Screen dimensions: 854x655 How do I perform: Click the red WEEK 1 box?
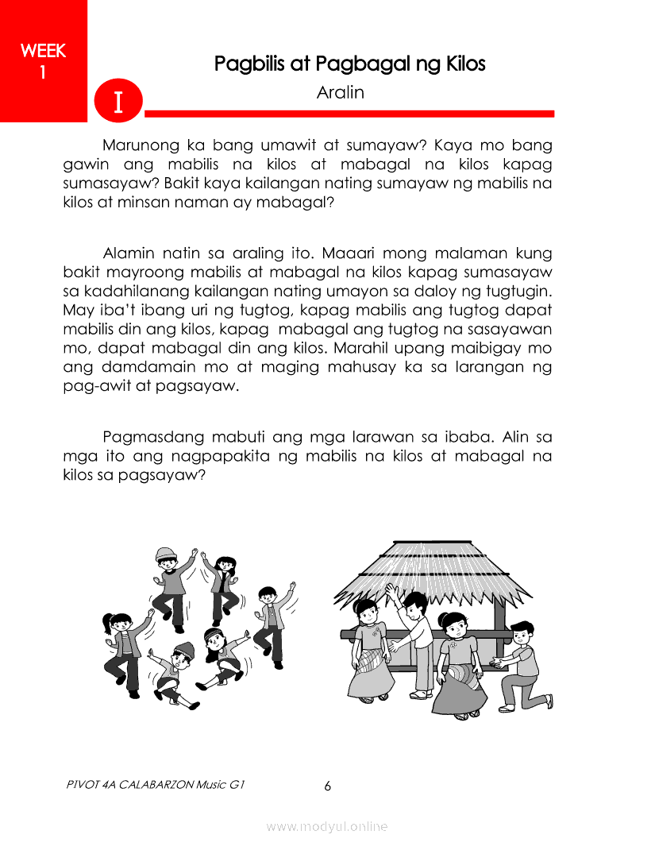point(43,60)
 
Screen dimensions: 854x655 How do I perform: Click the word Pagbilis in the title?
point(250,64)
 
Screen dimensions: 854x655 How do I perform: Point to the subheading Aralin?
point(340,92)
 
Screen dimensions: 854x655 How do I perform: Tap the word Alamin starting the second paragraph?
point(129,254)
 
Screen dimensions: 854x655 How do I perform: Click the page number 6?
point(327,786)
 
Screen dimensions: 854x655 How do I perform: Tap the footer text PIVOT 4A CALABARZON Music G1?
point(156,785)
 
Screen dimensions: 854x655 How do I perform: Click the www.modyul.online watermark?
point(327,827)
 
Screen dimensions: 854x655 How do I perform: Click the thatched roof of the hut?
point(421,568)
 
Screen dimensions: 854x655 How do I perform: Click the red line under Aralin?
point(349,114)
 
